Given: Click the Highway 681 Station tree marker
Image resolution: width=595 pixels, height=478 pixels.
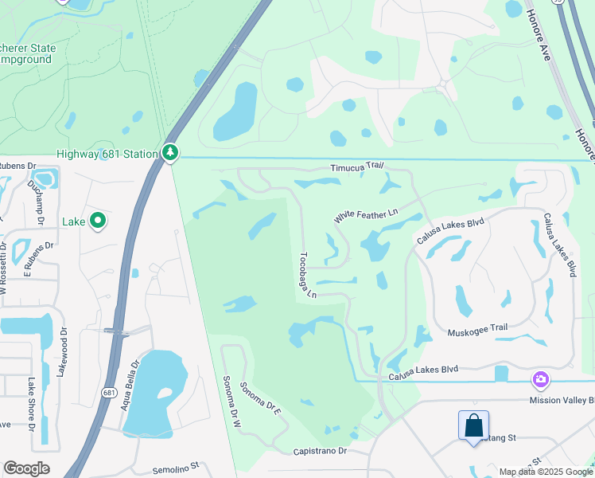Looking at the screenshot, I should pyautogui.click(x=169, y=152).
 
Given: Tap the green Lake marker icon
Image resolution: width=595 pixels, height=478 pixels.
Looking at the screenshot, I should pyautogui.click(x=98, y=221).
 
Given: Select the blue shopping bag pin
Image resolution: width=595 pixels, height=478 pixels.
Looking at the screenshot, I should pyautogui.click(x=474, y=426).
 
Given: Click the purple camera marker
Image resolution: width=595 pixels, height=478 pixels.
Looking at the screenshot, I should pyautogui.click(x=541, y=378).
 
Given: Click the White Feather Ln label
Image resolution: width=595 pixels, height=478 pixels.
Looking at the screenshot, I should pyautogui.click(x=365, y=215).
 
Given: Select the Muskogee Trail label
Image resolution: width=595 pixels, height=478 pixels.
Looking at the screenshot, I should pyautogui.click(x=477, y=330).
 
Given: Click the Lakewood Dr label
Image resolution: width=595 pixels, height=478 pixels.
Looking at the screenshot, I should pyautogui.click(x=63, y=348).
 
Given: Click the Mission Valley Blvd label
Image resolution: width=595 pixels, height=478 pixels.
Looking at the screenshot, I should pyautogui.click(x=562, y=401).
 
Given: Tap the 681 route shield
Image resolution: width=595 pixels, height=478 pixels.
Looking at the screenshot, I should pyautogui.click(x=109, y=392).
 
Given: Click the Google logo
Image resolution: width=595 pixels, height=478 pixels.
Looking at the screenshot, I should pyautogui.click(x=26, y=468).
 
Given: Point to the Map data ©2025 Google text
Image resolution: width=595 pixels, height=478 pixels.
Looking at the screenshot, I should pyautogui.click(x=546, y=472).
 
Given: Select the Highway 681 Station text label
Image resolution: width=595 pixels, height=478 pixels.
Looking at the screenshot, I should pyautogui.click(x=106, y=153).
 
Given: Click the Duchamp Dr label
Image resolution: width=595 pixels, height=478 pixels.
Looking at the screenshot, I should pyautogui.click(x=33, y=190).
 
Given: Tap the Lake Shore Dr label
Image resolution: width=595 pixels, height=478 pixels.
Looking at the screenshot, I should pyautogui.click(x=32, y=404).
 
